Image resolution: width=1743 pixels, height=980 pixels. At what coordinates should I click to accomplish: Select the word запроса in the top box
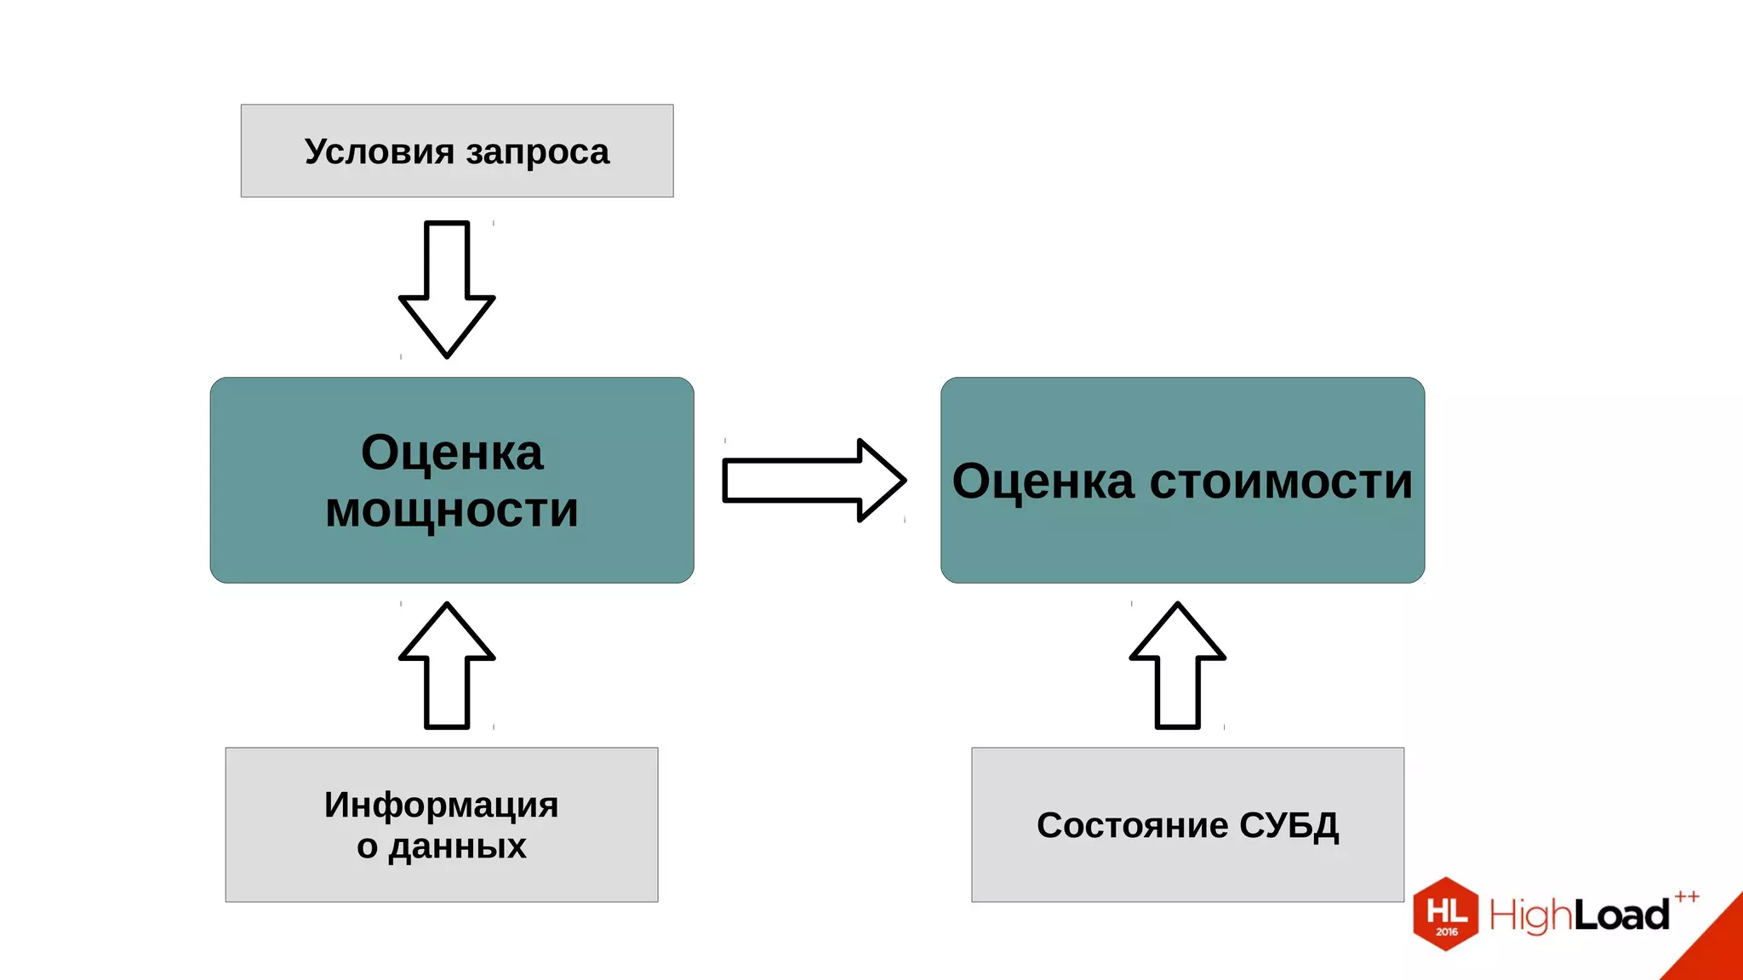(x=537, y=152)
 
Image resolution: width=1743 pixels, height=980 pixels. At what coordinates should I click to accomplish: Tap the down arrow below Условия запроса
(x=447, y=289)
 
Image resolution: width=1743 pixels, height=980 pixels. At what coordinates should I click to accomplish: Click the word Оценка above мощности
(x=451, y=453)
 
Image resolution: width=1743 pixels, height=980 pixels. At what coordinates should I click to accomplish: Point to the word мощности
(x=451, y=510)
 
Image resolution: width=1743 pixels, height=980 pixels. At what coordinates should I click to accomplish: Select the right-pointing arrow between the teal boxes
(x=813, y=481)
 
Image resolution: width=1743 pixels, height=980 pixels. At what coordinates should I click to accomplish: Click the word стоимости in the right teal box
(x=1281, y=481)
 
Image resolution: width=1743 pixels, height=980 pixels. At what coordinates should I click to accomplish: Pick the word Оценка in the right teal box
(x=1043, y=481)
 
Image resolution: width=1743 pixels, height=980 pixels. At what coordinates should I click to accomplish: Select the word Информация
(x=441, y=805)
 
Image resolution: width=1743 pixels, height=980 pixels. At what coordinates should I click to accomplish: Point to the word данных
(x=457, y=846)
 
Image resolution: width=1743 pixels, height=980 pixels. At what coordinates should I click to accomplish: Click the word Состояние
(x=1132, y=825)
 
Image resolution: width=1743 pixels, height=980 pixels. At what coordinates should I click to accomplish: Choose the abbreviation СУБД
(x=1289, y=826)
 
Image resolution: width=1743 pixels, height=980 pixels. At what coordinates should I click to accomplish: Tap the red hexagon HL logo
(x=1446, y=914)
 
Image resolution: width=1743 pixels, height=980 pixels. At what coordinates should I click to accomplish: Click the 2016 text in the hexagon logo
(x=1447, y=932)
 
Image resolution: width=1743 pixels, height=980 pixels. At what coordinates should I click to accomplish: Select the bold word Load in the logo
(x=1621, y=915)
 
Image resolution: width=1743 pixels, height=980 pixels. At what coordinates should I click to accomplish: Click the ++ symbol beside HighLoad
(x=1687, y=897)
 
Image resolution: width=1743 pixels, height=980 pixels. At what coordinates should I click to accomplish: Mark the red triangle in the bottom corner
(x=1715, y=949)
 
